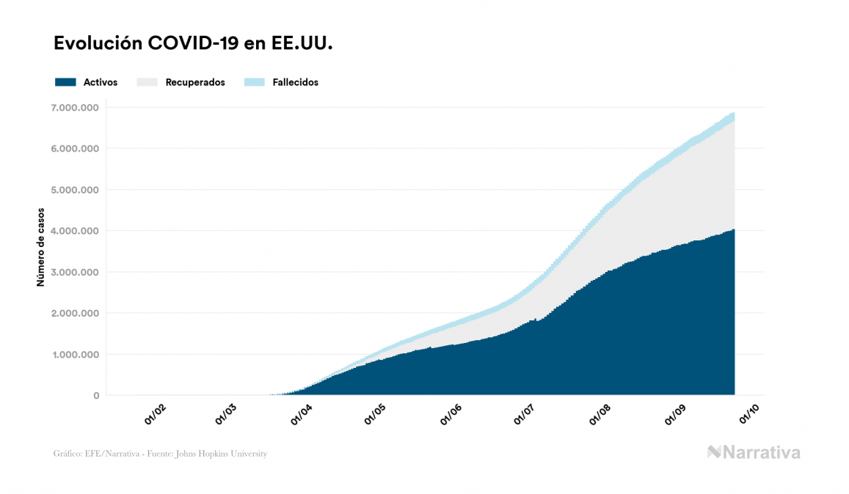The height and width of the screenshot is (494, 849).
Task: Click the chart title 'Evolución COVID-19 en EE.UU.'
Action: click(194, 43)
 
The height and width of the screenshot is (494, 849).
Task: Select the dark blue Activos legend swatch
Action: click(65, 82)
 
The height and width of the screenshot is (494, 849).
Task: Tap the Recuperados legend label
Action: click(195, 82)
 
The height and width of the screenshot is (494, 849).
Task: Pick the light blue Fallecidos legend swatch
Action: click(255, 82)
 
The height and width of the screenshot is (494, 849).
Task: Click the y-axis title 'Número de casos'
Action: click(41, 246)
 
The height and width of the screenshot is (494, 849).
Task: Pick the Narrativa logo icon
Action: click(714, 452)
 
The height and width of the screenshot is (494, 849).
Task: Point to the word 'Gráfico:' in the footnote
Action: click(67, 454)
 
